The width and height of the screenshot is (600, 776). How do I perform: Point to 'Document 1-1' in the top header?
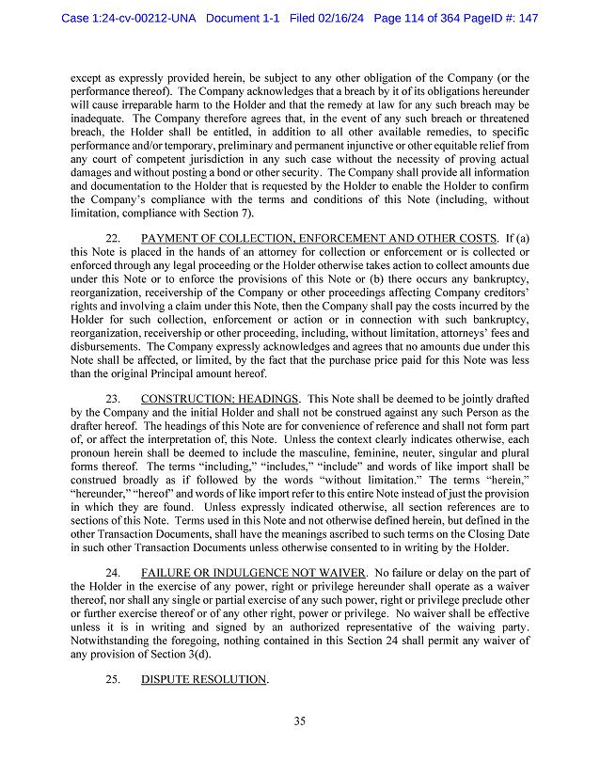point(245,19)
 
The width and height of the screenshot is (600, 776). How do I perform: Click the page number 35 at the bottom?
point(300,721)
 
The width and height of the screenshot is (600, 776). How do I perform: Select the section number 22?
point(113,240)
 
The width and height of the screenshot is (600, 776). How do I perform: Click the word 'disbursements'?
point(107,346)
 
